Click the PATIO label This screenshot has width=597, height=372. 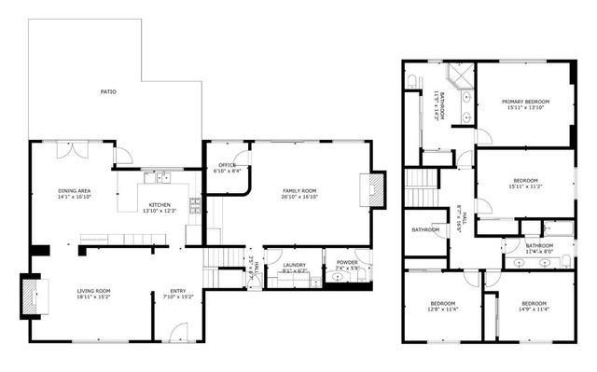click(x=109, y=92)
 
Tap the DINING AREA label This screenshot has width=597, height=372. click(x=74, y=190)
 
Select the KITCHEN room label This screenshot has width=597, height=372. click(x=159, y=204)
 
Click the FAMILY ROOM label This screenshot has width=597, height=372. click(x=299, y=190)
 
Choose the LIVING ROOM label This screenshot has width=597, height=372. click(x=94, y=291)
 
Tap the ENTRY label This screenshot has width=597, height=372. click(x=176, y=291)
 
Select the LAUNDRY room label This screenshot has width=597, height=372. click(x=295, y=266)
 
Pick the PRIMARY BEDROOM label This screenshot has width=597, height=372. click(x=525, y=102)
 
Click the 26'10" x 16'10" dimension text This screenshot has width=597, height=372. click(x=299, y=197)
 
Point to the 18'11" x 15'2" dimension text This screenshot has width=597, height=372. click(x=94, y=297)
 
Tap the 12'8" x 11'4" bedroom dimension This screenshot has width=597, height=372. click(x=443, y=310)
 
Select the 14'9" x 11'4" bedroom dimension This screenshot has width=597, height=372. click(x=534, y=310)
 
